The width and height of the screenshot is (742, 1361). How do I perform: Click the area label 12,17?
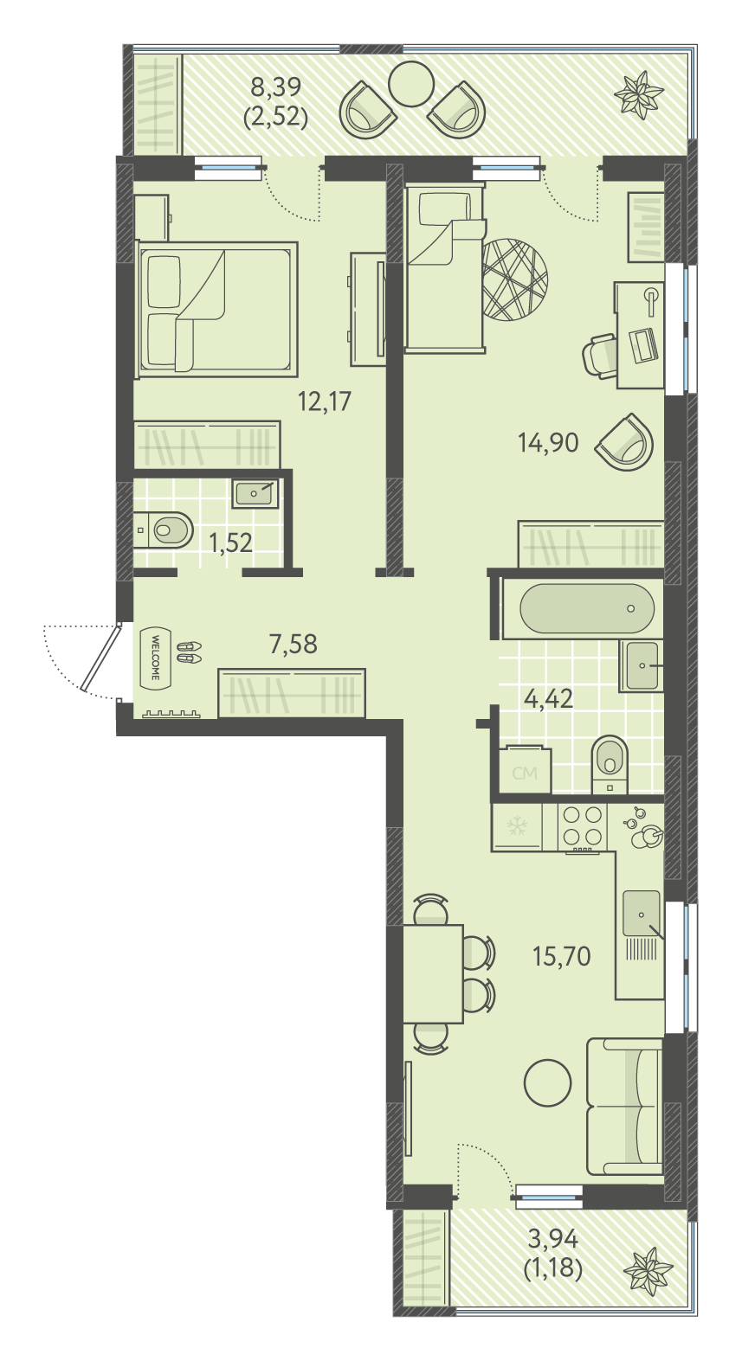click(325, 401)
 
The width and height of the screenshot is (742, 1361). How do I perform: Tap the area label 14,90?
click(548, 443)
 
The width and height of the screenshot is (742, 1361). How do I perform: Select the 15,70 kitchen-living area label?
click(561, 957)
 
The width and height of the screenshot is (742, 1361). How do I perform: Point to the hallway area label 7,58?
click(294, 644)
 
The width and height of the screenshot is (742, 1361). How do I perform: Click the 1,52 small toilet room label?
click(230, 542)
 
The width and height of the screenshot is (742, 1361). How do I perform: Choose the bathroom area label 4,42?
click(548, 699)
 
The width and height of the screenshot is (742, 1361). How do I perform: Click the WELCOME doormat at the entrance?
click(154, 657)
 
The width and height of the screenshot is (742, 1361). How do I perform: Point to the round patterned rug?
click(514, 279)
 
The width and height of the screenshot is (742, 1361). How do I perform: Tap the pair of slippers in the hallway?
click(189, 652)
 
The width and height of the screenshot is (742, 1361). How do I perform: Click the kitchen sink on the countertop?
click(641, 913)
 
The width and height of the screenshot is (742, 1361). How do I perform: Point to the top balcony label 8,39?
click(276, 87)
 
